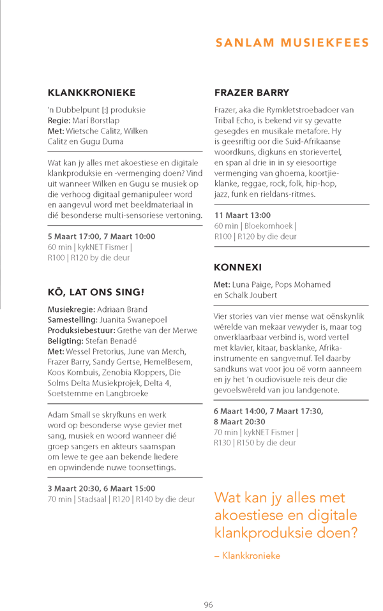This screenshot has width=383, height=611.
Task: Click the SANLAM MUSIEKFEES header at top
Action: click(292, 43)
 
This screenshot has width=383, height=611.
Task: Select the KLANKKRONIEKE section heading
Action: click(91, 93)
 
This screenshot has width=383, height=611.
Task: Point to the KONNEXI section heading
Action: click(238, 267)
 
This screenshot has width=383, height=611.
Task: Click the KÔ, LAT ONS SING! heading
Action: click(96, 292)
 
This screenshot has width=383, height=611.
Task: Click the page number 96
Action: click(208, 604)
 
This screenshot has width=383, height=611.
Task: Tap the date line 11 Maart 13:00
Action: click(243, 215)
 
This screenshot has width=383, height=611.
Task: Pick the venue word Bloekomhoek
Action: click(271, 226)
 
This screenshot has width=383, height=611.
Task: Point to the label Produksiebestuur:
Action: click(81, 330)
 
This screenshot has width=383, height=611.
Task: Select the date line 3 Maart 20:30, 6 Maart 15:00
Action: click(101, 488)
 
